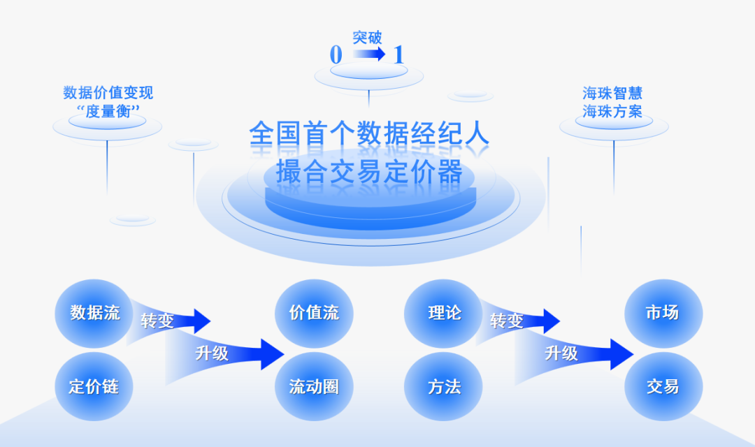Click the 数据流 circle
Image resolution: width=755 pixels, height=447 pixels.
coord(94,313)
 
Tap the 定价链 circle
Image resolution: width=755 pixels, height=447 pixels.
coord(94,386)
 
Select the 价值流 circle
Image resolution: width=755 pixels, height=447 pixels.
coord(314,313)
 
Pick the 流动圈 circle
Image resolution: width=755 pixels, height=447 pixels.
coord(314,386)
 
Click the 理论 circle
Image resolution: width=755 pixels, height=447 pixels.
coord(444,313)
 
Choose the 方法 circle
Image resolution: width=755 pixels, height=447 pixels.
coord(444,386)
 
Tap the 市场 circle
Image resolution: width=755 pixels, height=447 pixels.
coord(663,313)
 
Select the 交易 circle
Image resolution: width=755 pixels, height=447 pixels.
coord(663,386)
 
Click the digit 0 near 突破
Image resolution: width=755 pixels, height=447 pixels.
coord(336,55)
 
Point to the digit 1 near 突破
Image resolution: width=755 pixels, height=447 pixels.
coord(399,55)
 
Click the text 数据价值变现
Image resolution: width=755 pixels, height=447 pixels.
coord(108,93)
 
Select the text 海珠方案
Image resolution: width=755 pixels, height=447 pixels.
coord(612,112)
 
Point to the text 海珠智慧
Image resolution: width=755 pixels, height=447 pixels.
coord(612,94)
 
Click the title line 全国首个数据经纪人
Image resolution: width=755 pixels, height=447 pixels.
coord(369,134)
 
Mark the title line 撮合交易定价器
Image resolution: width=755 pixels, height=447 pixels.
coord(369,172)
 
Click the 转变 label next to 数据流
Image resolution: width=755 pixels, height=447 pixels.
coord(157,321)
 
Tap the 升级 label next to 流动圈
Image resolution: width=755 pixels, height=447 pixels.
coord(212,353)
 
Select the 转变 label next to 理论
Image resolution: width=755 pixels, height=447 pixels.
coord(507,321)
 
